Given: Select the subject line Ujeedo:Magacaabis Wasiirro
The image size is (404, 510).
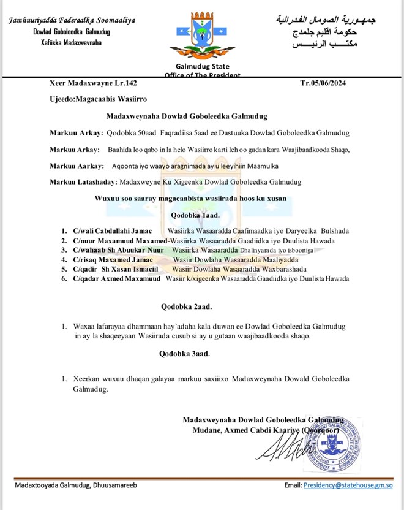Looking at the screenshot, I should [x=98, y=99].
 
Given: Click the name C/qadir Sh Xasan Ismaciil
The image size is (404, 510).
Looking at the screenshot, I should [x=116, y=269].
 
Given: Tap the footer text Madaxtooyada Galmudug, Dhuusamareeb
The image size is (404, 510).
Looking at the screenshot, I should [x=77, y=485].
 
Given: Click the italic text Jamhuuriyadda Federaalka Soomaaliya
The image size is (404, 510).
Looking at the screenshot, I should [x=72, y=21].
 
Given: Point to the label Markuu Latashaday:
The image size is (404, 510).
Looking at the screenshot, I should [x=83, y=181].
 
